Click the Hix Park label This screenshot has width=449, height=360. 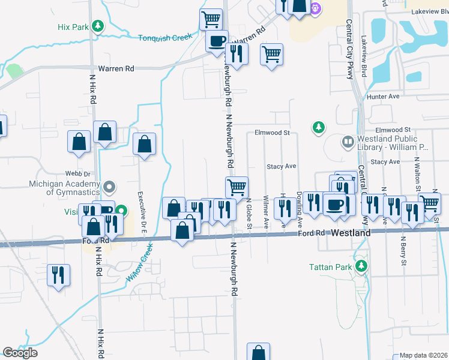pos(73,27)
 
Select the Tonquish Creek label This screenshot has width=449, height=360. pos(165,37)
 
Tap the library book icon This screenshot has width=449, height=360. pos(348,142)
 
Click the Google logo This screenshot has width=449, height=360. pos(20,353)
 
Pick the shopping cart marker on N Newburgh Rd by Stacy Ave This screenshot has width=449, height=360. pos(237,187)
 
